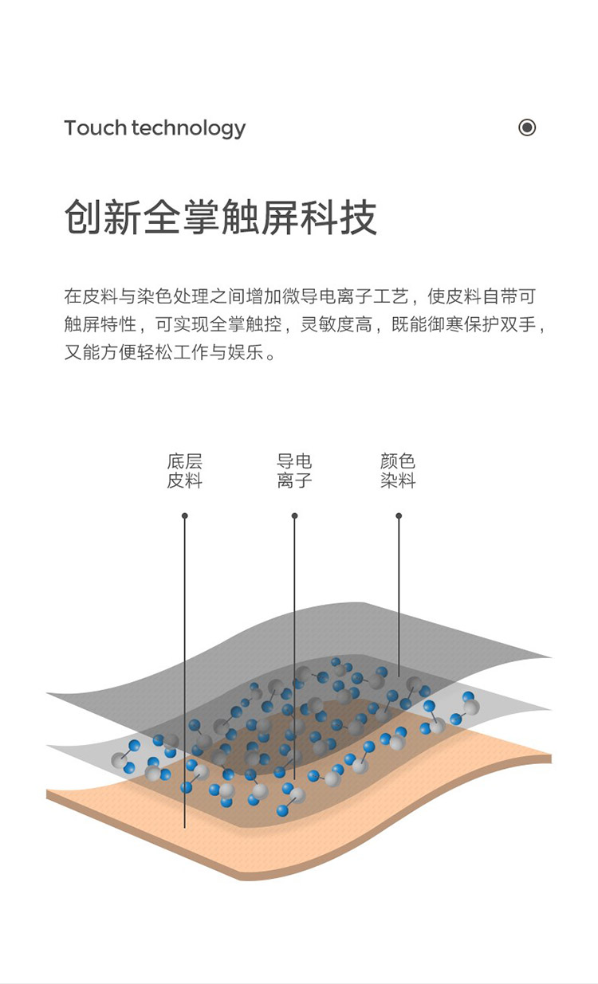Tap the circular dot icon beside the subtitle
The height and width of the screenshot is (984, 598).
[527, 127]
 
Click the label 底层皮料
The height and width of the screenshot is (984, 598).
[185, 471]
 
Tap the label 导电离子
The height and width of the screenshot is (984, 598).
[294, 471]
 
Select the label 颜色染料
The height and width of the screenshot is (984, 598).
[398, 471]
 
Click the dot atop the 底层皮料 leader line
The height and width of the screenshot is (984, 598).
[185, 516]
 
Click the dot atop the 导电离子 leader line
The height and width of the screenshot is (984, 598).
[294, 516]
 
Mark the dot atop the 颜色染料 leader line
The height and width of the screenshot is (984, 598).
[399, 516]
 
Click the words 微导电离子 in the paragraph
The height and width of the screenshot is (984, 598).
[327, 296]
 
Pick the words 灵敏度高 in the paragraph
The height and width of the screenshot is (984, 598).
[336, 324]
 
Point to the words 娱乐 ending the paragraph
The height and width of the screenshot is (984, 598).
[246, 352]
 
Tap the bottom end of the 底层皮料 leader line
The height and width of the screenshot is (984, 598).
[185, 828]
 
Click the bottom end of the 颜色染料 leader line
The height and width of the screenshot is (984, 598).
[399, 676]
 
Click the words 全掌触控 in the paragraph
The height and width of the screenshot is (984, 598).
[246, 324]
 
